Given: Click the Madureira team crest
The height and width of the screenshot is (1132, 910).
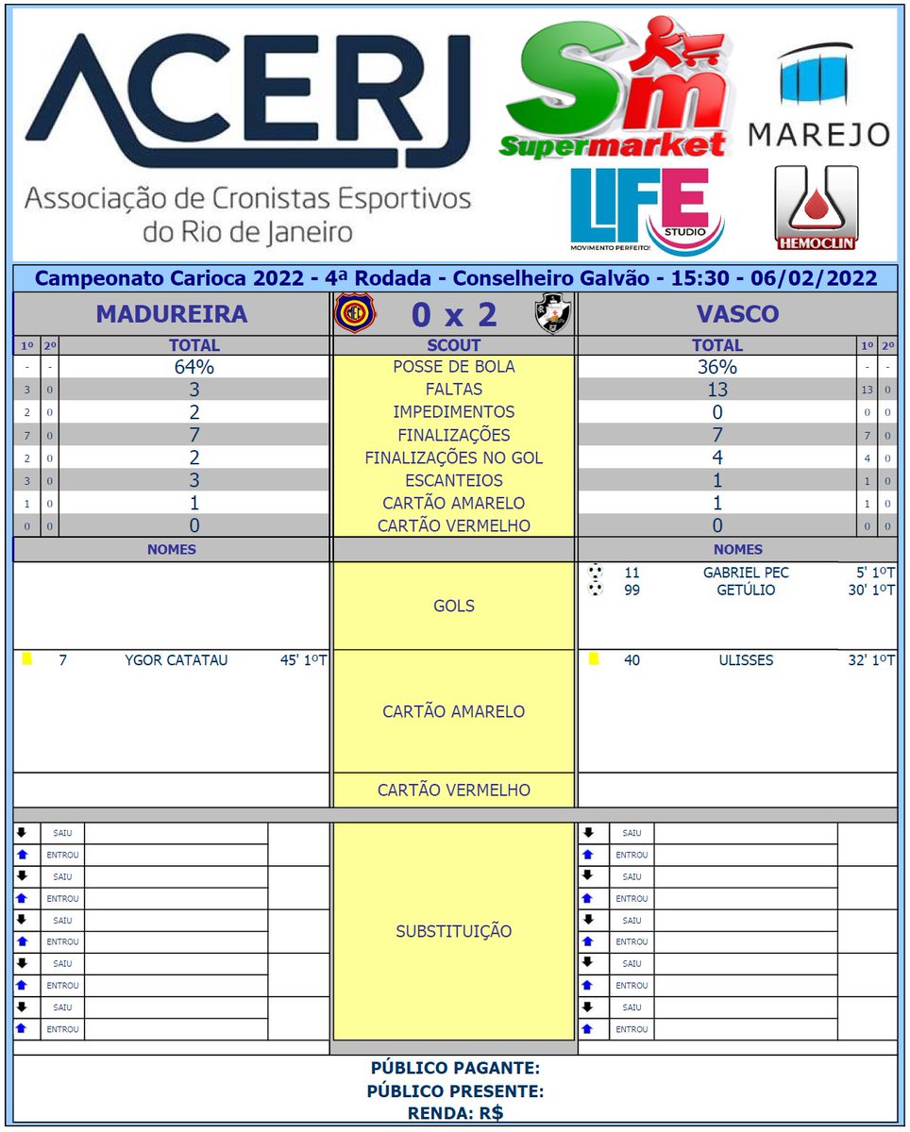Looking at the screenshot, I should coord(355,313).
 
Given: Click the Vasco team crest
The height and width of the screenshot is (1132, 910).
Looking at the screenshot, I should coord(552,313).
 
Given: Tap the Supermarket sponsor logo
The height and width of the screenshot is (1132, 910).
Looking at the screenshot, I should coord(619,87).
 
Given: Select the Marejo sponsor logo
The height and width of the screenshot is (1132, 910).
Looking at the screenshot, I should coord(818,95).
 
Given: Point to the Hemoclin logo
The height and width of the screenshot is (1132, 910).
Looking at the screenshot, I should coord(816,208).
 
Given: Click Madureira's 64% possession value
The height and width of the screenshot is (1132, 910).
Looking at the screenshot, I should coord(194,367).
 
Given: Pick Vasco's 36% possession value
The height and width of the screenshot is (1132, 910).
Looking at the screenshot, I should coord(717,367).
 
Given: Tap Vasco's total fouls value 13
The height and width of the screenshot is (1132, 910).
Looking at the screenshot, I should coord(717,390).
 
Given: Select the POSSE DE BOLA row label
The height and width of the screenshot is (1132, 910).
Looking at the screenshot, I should coord(454,367).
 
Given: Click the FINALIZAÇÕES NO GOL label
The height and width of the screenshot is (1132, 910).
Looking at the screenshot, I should coord(454,458).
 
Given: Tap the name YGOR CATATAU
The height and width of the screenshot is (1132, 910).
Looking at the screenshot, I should coord(176,660).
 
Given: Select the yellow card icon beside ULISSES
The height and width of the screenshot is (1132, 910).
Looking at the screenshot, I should coord(594,659).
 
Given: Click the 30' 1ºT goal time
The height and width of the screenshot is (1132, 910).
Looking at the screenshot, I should coord(871,591).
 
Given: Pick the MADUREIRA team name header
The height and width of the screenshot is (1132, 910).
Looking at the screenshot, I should coord(172,314).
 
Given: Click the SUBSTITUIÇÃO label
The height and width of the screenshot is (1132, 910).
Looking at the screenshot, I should coord(454,931).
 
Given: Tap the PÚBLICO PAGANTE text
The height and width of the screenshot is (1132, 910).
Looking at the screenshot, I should coord(455,1068).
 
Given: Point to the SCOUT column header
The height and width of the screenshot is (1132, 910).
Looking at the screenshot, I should coord(454,345).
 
